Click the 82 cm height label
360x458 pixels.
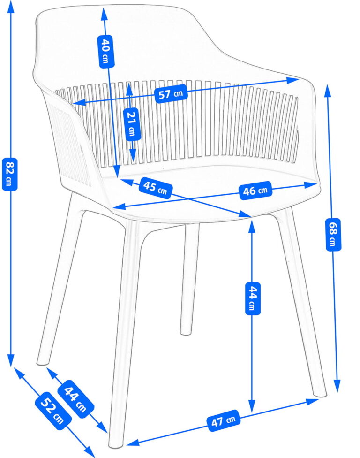pyautogui.click(x=10, y=174)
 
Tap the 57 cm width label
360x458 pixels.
pyautogui.click(x=171, y=94)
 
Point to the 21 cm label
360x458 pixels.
pyautogui.click(x=132, y=124)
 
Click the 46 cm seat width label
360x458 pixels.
pyautogui.click(x=255, y=191)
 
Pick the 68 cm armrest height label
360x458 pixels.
pyautogui.click(x=333, y=234)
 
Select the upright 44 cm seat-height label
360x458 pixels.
pyautogui.click(x=252, y=298)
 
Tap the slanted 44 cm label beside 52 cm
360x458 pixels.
pyautogui.click(x=76, y=399)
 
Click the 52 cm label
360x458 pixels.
pyautogui.click(x=53, y=411)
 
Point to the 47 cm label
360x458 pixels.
pyautogui.click(x=224, y=420)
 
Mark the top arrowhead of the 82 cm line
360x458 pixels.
pyautogui.click(x=11, y=7)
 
